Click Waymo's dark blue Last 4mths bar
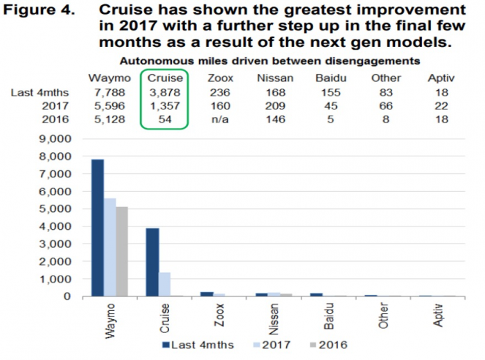[x=98, y=228]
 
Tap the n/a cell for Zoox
[x=218, y=119]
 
